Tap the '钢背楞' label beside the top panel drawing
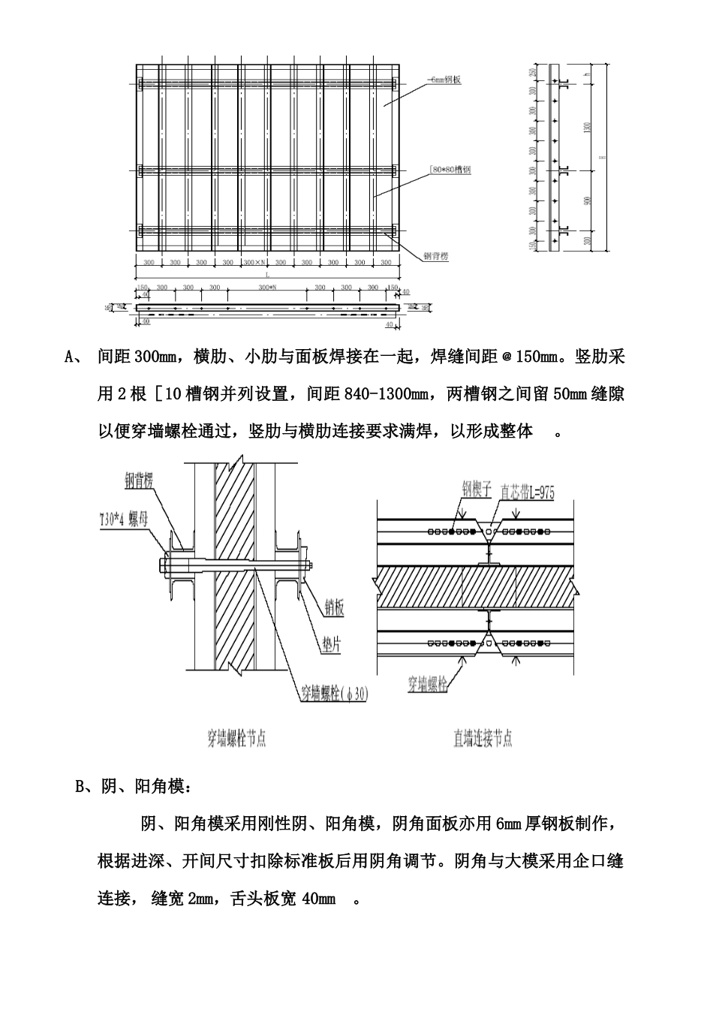coord(434,256)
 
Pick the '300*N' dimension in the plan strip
coord(267,288)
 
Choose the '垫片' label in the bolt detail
coord(329,646)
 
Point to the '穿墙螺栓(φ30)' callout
coord(335,694)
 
